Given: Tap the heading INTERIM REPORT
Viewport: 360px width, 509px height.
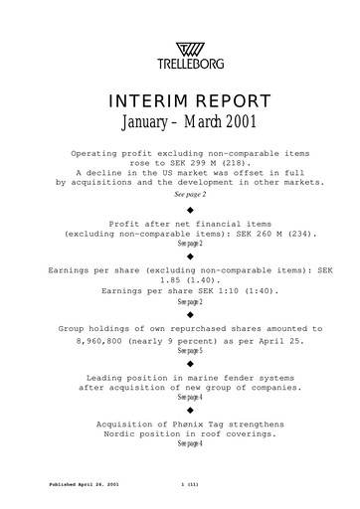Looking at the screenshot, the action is [x=179, y=104].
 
